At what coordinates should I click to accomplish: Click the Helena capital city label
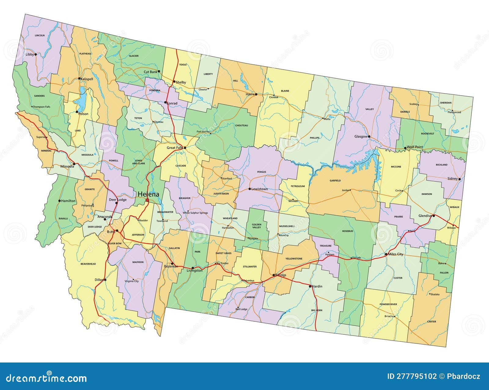(148, 194)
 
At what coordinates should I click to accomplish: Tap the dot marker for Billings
(274, 275)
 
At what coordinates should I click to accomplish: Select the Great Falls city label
(175, 148)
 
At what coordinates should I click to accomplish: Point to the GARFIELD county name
(335, 181)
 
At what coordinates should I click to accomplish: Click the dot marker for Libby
(35, 54)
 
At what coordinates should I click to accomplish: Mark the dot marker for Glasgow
(369, 137)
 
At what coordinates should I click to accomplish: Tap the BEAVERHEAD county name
(88, 264)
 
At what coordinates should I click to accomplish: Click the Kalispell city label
(87, 79)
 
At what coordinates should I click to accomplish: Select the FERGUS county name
(262, 172)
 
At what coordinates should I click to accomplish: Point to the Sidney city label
(452, 179)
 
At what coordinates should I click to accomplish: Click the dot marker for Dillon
(105, 280)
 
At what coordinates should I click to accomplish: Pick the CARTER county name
(432, 322)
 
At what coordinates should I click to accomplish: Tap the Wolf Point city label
(415, 147)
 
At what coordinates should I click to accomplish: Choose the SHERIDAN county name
(446, 103)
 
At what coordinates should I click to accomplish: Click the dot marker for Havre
(256, 94)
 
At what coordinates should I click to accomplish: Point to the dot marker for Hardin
(310, 286)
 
